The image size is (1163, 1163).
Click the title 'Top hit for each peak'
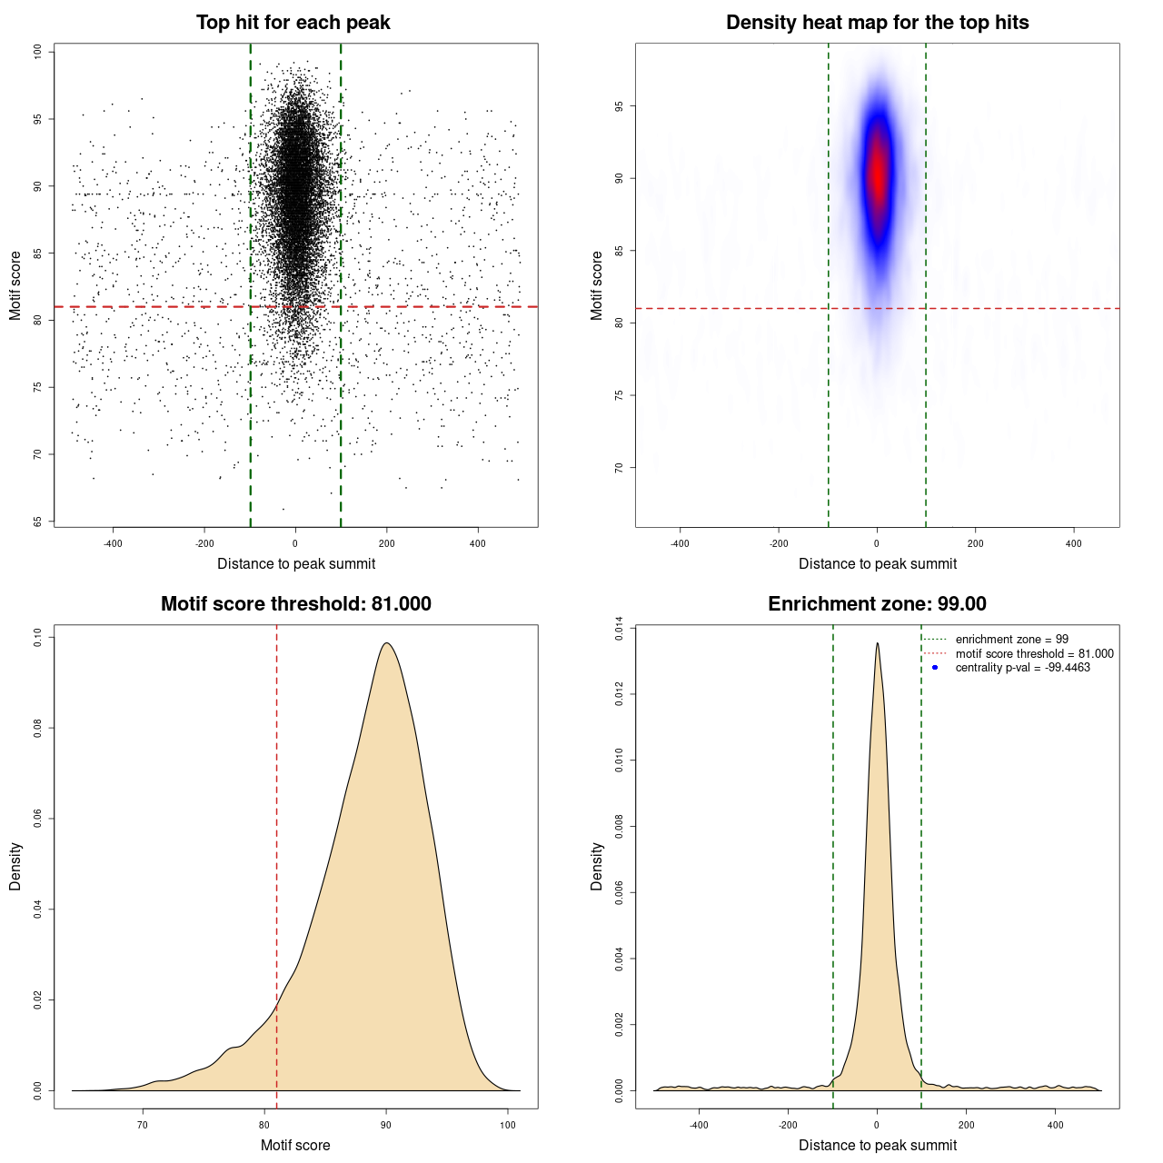click(293, 23)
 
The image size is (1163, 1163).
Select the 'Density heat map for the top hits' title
click(877, 23)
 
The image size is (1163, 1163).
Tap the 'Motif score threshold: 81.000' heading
click(295, 604)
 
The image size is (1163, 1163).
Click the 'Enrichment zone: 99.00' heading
click(877, 604)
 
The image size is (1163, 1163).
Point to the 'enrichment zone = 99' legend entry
click(1011, 640)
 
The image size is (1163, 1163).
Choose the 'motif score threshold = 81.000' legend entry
click(1034, 653)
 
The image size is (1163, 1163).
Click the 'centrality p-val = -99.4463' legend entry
click(1022, 668)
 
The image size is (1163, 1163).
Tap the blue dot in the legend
click(935, 668)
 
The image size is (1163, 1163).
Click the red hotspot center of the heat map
click(878, 173)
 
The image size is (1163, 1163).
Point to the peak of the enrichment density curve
click(877, 643)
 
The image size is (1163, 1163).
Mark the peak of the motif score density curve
click(387, 643)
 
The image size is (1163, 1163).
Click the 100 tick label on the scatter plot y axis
click(38, 52)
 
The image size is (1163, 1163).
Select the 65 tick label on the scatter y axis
click(38, 522)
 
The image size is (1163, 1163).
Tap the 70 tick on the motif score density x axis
click(142, 1125)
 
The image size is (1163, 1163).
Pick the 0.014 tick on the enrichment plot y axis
click(620, 629)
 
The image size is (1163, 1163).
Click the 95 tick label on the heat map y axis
click(620, 106)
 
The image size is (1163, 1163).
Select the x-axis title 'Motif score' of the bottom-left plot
click(295, 1145)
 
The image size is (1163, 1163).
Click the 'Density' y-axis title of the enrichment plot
click(597, 866)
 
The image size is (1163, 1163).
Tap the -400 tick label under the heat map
click(680, 543)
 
